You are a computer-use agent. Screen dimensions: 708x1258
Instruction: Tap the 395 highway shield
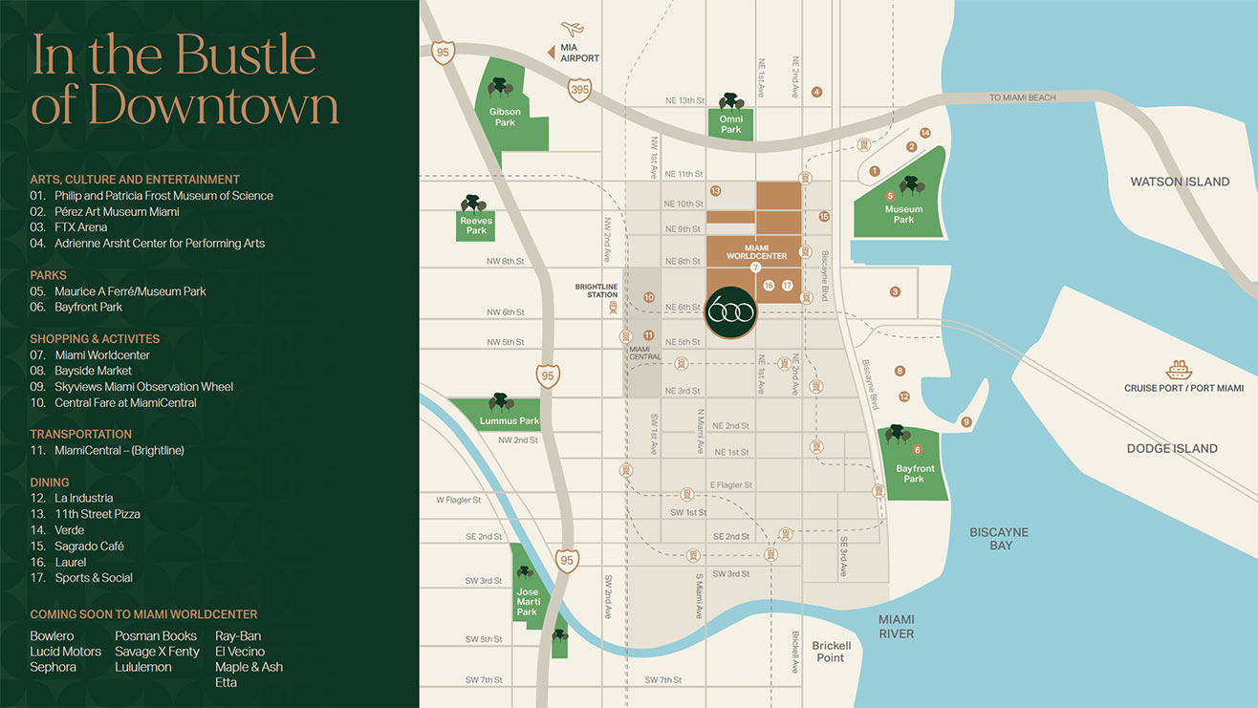[x=579, y=90]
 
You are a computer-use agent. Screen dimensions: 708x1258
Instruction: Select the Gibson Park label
[x=505, y=117]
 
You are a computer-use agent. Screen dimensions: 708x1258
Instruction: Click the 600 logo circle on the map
[x=731, y=311]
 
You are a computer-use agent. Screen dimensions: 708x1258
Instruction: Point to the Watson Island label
[x=1180, y=182]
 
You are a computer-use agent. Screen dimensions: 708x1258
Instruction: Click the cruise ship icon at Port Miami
[x=1177, y=370]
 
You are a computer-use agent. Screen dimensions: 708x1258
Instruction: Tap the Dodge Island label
[x=1172, y=448]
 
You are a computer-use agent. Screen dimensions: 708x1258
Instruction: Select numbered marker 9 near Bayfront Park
[x=966, y=422]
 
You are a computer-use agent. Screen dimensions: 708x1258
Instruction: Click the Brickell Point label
[x=831, y=652]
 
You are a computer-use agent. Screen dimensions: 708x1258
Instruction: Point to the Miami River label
[x=896, y=627]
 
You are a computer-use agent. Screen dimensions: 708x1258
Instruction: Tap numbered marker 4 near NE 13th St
[x=816, y=93]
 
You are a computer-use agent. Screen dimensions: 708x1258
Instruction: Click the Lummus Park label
[x=510, y=421]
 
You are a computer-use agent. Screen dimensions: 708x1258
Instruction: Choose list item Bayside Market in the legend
[x=93, y=371]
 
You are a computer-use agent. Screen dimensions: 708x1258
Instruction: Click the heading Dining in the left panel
[x=50, y=483]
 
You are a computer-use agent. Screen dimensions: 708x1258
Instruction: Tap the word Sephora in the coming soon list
[x=53, y=667]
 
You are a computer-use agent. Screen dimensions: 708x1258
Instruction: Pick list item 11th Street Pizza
[x=97, y=514]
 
